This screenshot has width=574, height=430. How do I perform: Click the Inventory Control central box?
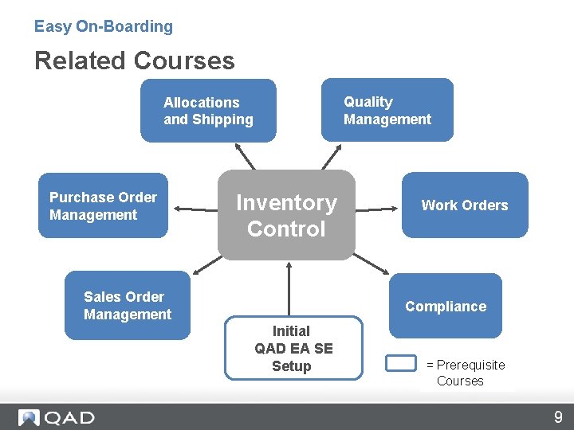[x=286, y=215]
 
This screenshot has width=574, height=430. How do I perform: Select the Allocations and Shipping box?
[x=208, y=111]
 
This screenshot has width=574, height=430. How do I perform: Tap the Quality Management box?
[x=387, y=110]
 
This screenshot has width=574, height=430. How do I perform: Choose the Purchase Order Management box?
[x=103, y=205]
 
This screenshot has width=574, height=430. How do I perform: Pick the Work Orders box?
[x=464, y=205]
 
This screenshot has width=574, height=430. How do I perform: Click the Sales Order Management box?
[x=128, y=306]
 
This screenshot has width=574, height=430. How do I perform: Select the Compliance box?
[x=445, y=307]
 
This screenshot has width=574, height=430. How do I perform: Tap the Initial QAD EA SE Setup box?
[x=292, y=349]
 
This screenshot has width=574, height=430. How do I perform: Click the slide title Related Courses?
[x=134, y=61]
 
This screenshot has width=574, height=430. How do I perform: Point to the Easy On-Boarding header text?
[x=103, y=26]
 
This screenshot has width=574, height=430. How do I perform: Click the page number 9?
[x=558, y=416]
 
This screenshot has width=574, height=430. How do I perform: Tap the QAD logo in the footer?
[x=57, y=417]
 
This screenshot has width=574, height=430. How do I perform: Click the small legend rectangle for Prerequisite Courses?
[x=400, y=363]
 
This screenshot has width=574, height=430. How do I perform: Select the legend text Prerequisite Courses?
[x=466, y=373]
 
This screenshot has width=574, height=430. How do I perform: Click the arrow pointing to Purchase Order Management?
[x=195, y=209]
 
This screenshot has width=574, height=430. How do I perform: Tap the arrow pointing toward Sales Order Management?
[x=205, y=263]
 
